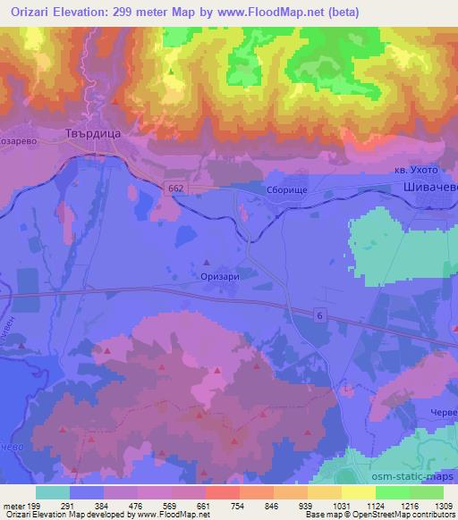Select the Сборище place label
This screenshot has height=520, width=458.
pyautogui.click(x=260, y=190)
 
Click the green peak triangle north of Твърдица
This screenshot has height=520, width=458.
pyautogui.click(x=171, y=71)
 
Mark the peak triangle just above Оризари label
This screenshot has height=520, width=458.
pyautogui.click(x=208, y=263)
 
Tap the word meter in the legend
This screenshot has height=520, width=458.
pyautogui.click(x=13, y=506)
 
